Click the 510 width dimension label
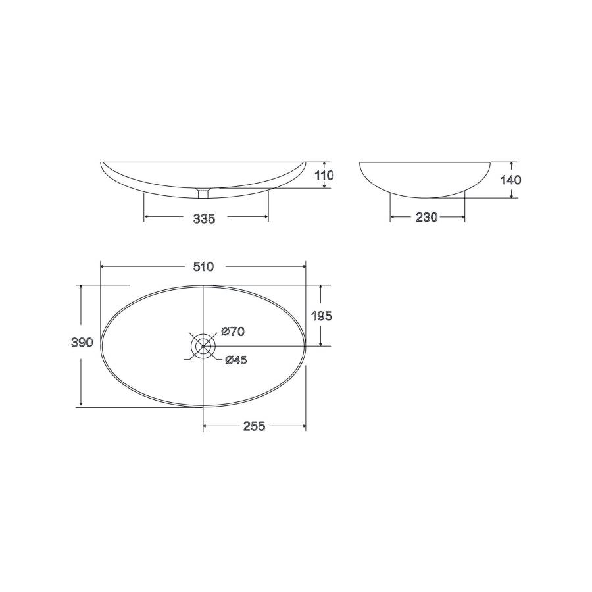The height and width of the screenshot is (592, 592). click(x=203, y=266)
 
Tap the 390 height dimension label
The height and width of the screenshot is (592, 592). click(x=82, y=343)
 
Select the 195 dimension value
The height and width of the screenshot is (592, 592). click(x=321, y=316)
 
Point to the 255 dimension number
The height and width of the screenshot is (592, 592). click(x=254, y=426)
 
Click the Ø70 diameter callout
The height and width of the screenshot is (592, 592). click(x=233, y=332)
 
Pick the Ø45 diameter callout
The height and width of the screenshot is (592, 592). click(x=235, y=360)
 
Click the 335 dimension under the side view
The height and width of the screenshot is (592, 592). click(x=204, y=218)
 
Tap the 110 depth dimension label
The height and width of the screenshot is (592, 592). click(x=324, y=175)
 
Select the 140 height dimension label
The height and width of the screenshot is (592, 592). click(x=510, y=180)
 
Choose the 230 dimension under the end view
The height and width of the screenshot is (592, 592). click(x=426, y=217)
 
